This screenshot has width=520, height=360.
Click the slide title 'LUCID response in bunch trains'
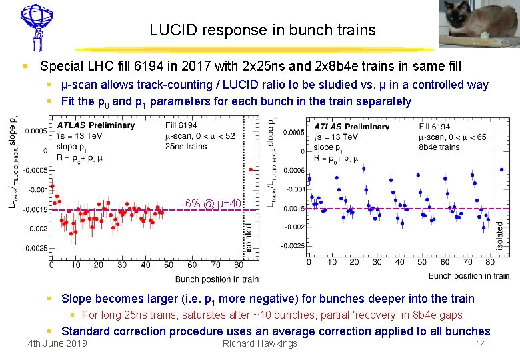(x=263, y=30)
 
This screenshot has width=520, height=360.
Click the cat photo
(x=477, y=25)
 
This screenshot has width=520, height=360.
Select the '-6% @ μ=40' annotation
(x=211, y=203)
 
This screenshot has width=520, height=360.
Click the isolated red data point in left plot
(x=251, y=169)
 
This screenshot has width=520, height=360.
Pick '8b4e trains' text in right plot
(x=439, y=147)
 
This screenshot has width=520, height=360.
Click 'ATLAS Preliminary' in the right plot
(x=351, y=126)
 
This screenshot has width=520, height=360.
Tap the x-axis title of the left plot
(x=217, y=279)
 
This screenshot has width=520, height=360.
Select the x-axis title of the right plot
(x=469, y=275)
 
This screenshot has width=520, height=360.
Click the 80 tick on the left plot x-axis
(x=237, y=265)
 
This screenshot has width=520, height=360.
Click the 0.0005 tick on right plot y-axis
(x=293, y=132)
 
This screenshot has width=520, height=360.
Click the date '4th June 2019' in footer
(x=57, y=344)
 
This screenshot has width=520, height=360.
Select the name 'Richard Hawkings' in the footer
(x=259, y=344)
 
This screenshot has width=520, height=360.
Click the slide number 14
(x=480, y=344)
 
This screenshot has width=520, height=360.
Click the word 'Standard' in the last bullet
(x=86, y=331)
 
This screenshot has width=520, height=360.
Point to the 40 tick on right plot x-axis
(x=399, y=262)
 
